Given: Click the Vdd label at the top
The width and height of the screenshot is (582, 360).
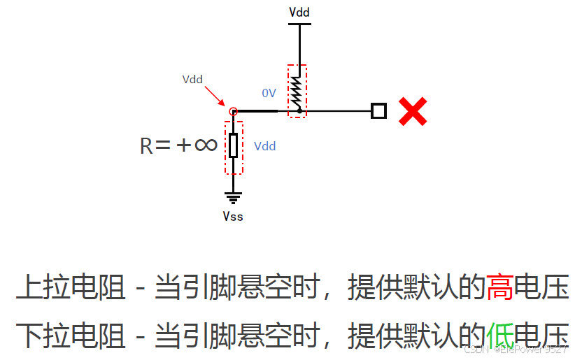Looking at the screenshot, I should tap(299, 13).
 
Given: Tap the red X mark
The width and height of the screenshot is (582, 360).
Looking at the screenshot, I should tap(413, 111).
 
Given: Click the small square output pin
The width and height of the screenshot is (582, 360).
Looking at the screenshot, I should tap(378, 110).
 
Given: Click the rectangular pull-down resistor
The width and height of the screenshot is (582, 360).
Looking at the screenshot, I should tap(234, 145).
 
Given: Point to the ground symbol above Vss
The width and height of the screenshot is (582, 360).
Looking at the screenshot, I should tap(234, 198).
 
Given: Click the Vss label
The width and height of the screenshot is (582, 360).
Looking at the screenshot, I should tap(233, 216).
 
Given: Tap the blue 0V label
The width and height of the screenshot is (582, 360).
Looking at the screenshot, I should tap(269, 93).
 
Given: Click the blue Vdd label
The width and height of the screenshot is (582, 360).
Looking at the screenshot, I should tap(264, 146).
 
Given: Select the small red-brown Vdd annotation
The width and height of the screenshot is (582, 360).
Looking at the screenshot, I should tap(192, 79).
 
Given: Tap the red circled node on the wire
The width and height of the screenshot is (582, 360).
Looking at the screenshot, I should tap(234, 111).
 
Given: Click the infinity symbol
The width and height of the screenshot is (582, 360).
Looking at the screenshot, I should tap(205, 145).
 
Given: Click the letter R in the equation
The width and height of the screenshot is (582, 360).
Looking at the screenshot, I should tap(147, 145).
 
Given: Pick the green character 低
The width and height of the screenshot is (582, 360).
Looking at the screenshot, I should tap(499, 335).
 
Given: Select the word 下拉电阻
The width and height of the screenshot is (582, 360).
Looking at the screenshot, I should tap(71, 335).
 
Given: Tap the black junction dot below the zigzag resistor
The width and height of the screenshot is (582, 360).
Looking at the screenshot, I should tap(299, 110).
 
